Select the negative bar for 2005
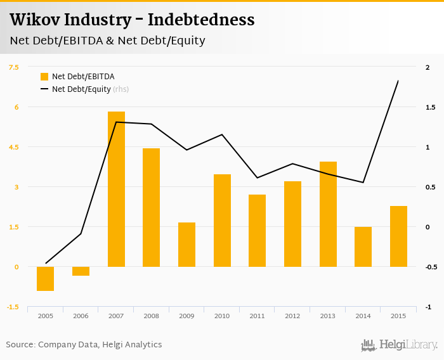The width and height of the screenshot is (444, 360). pos(46,279)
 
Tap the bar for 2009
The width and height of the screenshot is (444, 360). pos(186,245)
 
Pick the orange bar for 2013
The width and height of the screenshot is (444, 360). pos(328,214)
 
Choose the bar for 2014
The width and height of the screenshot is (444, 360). pos(363,247)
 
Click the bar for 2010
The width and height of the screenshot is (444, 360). pos(222,221)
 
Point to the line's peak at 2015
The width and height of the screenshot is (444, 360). pos(398,81)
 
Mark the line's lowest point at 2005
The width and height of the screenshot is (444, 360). pos(46,263)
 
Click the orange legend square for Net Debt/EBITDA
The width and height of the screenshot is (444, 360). pos(44,77)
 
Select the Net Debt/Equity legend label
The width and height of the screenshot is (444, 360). pos(81,89)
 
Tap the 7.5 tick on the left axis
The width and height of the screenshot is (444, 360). pos(14,67)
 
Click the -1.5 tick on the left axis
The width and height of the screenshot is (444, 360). pos(13,307)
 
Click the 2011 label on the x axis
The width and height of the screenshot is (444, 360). pos(257,316)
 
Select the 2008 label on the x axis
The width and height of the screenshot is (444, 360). pos(151,316)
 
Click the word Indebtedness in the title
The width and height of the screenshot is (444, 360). pos(201,20)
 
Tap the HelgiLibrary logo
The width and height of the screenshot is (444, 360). pos(400,345)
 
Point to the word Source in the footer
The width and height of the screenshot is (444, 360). pos(20,345)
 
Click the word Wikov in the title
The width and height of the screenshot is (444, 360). pos(31,20)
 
